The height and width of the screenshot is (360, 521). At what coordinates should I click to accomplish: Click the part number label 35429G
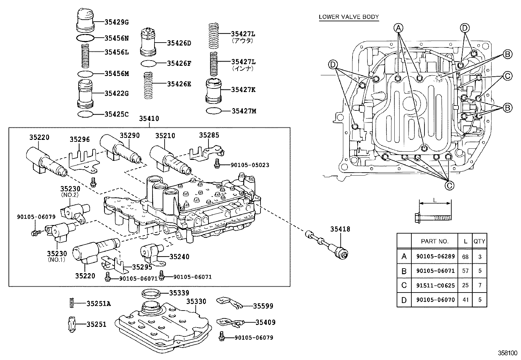(117, 22)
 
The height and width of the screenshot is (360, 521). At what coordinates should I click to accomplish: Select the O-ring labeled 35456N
(85, 38)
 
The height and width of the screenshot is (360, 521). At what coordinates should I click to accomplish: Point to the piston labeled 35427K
(213, 90)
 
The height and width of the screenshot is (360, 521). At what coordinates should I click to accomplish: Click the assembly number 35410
(149, 119)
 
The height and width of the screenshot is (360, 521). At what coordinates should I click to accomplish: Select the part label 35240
(178, 257)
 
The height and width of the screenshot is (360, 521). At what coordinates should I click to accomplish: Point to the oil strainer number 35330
(196, 301)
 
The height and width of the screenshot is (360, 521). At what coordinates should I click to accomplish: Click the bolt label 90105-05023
(245, 165)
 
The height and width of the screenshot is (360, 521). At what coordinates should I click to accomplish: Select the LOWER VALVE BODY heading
(349, 17)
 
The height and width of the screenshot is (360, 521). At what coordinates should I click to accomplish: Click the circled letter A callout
(398, 28)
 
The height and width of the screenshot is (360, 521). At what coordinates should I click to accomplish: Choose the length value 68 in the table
(465, 256)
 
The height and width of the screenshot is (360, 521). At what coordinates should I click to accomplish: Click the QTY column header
(479, 241)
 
